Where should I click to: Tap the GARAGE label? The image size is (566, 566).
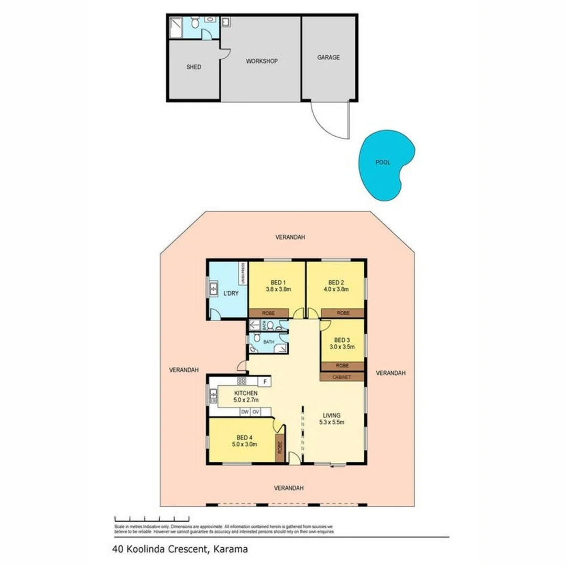click(329, 58)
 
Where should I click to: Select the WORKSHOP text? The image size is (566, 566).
click(262, 61)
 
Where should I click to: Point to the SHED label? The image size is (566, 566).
click(193, 67)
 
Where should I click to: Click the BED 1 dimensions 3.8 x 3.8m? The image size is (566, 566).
click(278, 289)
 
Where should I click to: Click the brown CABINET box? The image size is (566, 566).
click(342, 377)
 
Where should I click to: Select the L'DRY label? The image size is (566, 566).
click(231, 293)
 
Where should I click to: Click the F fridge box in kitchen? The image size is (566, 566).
click(266, 382)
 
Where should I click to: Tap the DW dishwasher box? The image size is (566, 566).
click(245, 412)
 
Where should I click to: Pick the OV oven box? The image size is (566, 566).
click(257, 412)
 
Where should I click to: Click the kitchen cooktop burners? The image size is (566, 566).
click(242, 381)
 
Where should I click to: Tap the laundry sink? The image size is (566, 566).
click(214, 288)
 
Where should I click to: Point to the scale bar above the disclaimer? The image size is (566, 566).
click(137, 517)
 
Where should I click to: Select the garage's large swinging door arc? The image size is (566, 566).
click(325, 123)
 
